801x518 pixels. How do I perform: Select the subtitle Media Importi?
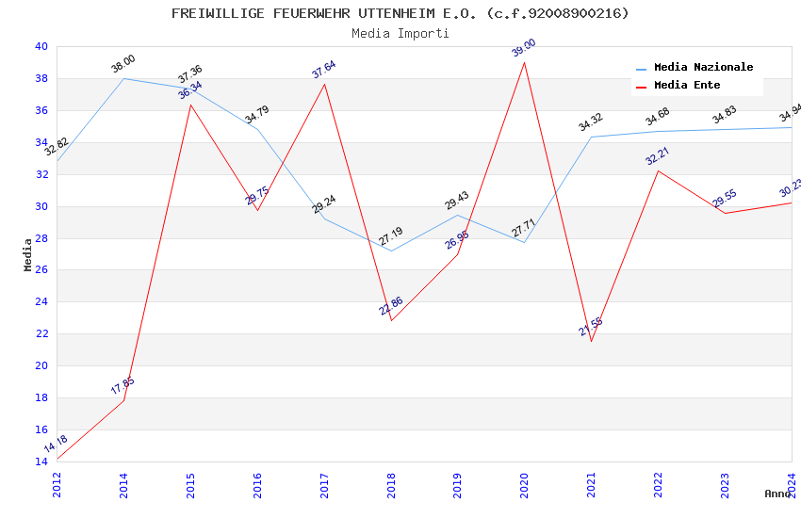400,33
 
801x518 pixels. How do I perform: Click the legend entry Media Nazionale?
703,68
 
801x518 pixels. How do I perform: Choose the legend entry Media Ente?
687,86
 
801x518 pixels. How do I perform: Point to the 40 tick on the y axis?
41,47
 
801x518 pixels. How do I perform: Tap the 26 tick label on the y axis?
41,270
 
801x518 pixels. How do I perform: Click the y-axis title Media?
28,254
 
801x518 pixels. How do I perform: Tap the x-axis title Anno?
777,494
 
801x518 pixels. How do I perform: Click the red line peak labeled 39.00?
524,61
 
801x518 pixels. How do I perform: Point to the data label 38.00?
123,64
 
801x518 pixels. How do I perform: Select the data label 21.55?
591,327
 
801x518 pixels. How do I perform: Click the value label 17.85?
123,386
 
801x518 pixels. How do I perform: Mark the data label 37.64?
324,70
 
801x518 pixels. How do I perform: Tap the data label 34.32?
591,122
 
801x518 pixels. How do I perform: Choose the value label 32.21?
658,156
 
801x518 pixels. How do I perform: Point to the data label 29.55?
725,199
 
